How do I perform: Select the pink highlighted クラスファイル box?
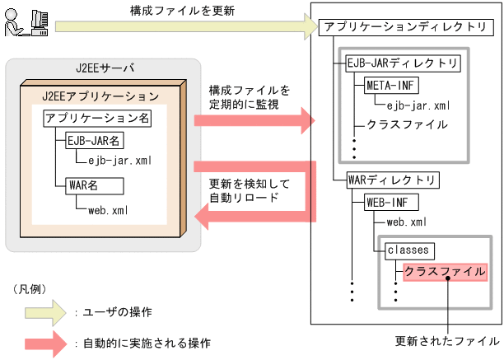[x=444, y=271]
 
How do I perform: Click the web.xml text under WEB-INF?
[x=406, y=222]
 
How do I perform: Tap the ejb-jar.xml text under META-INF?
[x=418, y=105]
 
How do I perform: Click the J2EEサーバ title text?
[x=103, y=68]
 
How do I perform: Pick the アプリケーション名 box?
[x=97, y=118]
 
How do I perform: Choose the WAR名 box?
[x=82, y=185]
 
